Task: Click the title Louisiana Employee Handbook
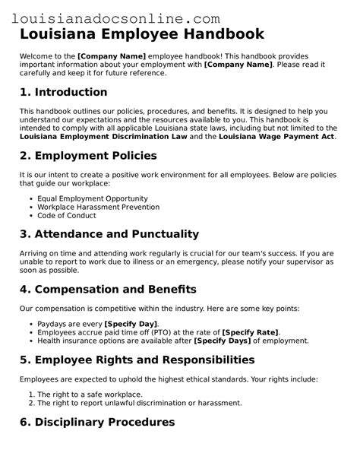point(142,34)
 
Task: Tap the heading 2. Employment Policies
point(88,155)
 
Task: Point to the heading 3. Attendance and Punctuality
point(109,233)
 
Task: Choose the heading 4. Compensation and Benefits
point(109,289)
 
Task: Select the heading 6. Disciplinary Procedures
point(97,422)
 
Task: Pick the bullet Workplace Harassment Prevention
point(98,206)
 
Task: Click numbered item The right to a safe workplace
point(89,394)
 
